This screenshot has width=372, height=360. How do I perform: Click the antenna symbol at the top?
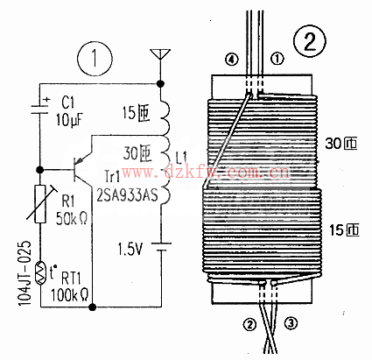(x=160, y=55)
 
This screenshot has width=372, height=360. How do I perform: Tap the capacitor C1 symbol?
(x=40, y=109)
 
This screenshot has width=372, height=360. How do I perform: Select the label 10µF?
(x=69, y=119)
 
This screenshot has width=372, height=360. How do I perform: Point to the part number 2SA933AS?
(x=127, y=194)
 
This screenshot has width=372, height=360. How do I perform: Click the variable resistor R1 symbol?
(x=40, y=203)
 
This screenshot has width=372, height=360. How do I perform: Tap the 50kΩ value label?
(x=72, y=218)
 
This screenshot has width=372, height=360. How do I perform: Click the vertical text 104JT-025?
(x=25, y=273)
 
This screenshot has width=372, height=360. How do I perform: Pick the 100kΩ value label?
(x=69, y=295)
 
